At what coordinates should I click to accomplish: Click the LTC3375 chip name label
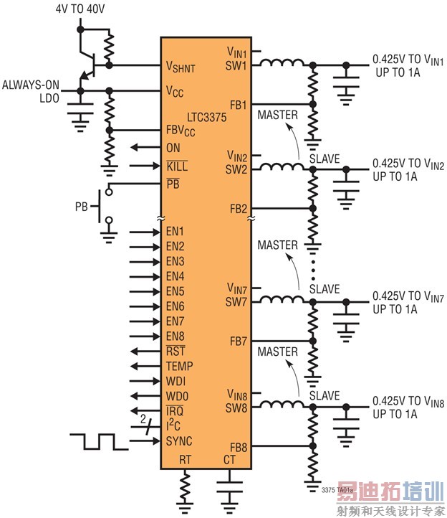tap(207, 117)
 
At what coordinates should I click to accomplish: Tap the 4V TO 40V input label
tap(80, 9)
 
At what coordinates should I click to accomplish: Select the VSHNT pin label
tap(181, 67)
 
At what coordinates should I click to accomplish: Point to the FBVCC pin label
tap(181, 131)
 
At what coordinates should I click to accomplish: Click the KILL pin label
tap(177, 166)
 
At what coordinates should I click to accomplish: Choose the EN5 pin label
tap(176, 291)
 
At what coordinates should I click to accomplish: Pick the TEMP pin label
tap(180, 366)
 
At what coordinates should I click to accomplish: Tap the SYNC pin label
tap(179, 441)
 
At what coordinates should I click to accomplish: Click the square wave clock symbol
tap(99, 442)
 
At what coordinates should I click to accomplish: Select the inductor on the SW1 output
tap(282, 62)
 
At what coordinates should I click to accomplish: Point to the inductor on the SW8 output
tap(282, 404)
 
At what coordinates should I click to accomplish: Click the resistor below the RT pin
tap(185, 487)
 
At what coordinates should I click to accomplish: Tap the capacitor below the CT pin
tap(230, 487)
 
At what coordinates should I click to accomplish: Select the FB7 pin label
tap(239, 342)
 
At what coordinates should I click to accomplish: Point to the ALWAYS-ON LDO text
tap(31, 92)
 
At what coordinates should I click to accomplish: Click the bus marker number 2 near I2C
tap(143, 419)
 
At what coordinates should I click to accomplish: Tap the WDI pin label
tap(176, 381)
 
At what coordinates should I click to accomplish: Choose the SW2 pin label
tap(236, 170)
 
